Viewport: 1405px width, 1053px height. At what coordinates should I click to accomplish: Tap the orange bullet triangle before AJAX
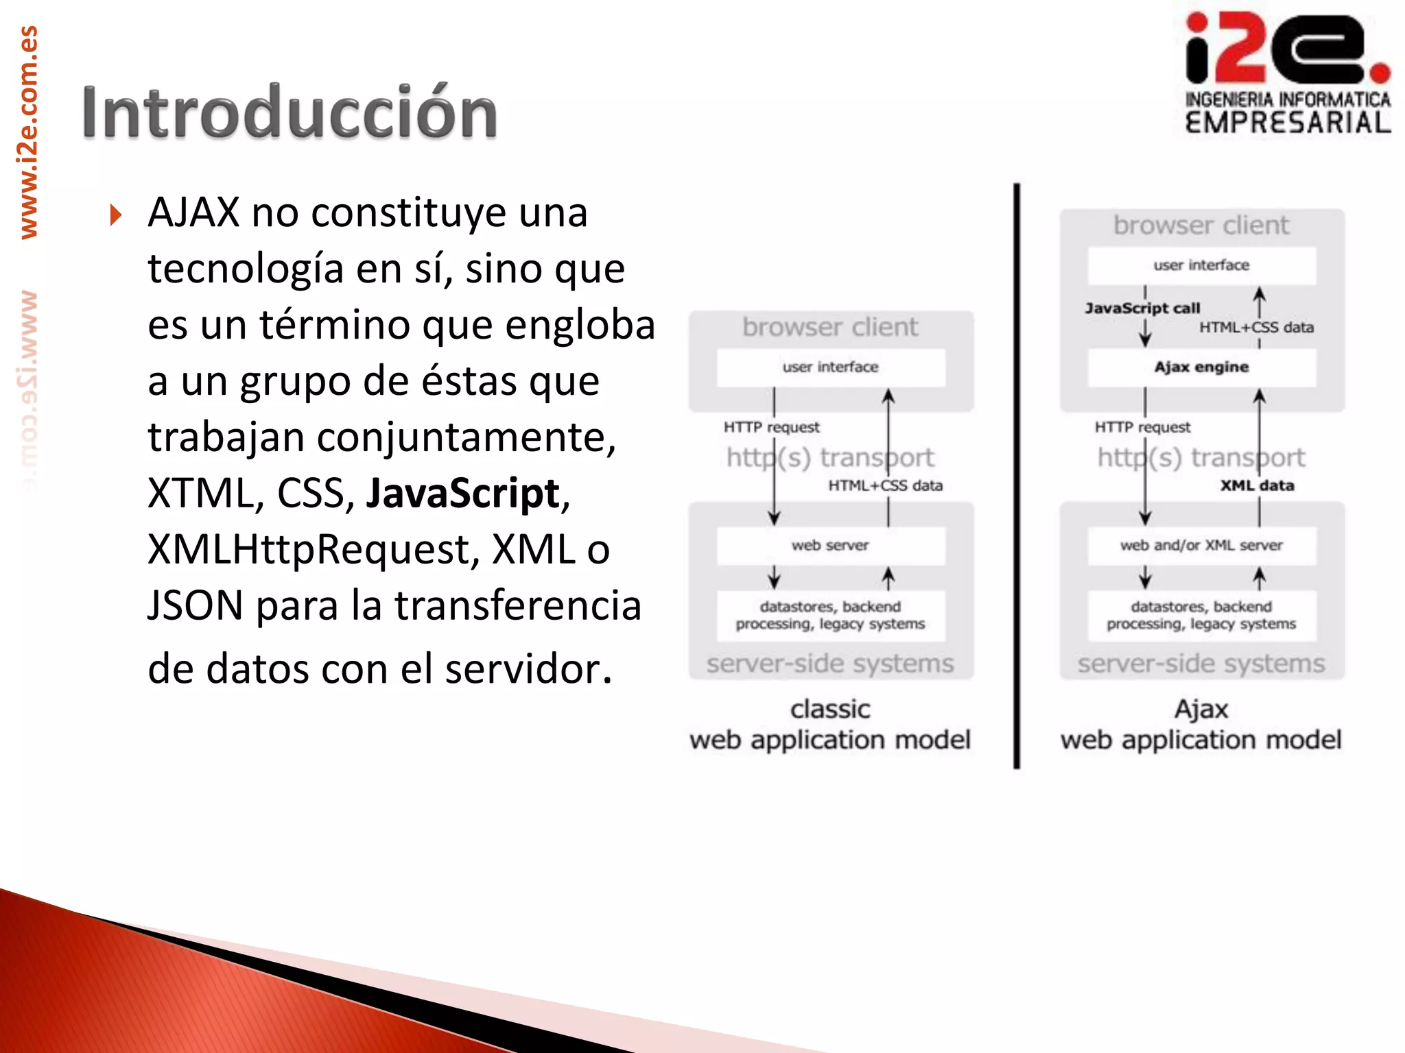[x=115, y=215]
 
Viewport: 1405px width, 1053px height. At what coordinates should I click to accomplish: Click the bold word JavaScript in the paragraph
[x=463, y=494]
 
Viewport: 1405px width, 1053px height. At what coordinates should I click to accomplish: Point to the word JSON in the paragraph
[x=196, y=606]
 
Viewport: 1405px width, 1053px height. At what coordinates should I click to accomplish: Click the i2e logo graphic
[x=1287, y=49]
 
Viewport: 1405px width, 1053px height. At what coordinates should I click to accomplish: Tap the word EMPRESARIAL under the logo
[x=1288, y=123]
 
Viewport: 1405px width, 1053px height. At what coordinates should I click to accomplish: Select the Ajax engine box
[x=1201, y=367]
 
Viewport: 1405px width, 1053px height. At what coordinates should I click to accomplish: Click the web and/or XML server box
[x=1201, y=546]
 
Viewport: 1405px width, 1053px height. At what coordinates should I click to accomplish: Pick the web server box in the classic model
[x=830, y=546]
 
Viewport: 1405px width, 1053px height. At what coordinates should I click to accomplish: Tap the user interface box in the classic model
[x=830, y=367]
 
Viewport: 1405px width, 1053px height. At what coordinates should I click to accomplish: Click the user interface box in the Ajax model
[x=1201, y=265]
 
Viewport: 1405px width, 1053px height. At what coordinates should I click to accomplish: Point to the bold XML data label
[x=1257, y=486]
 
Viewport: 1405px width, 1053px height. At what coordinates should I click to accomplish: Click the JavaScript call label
[x=1142, y=308]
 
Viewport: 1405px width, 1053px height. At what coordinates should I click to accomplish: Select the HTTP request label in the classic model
[x=771, y=428]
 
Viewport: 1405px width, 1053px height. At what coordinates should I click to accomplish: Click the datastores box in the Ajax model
[x=1201, y=616]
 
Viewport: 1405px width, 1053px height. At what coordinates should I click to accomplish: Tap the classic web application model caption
[x=830, y=725]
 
